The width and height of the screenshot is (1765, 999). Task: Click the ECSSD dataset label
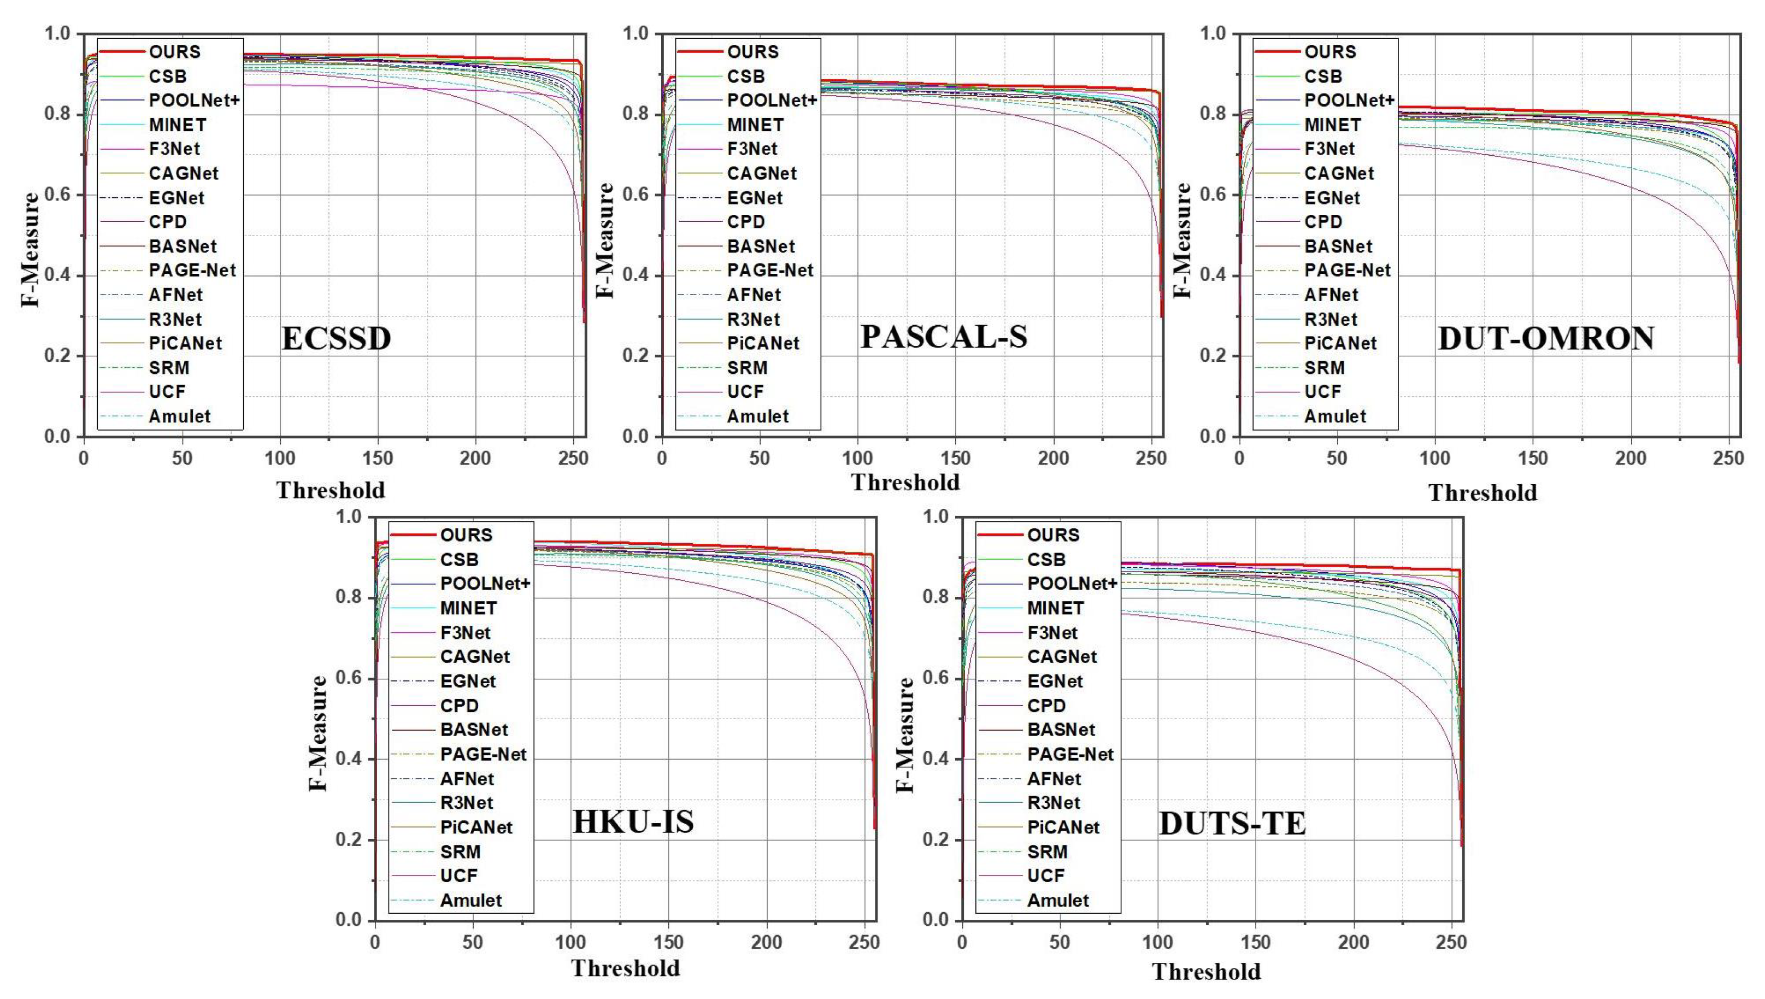tap(336, 339)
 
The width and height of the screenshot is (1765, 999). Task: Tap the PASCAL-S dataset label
tap(944, 337)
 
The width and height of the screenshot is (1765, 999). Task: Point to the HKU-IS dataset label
tap(632, 822)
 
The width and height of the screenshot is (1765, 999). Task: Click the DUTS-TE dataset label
tap(1232, 824)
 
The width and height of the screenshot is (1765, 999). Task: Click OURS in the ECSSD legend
tap(174, 52)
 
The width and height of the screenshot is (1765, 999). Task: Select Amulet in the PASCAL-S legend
tap(757, 416)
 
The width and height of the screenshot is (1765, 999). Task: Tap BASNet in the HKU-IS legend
tap(474, 730)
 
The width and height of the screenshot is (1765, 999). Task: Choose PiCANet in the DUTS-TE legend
tap(1063, 827)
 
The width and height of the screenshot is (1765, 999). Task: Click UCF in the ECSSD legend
tap(167, 392)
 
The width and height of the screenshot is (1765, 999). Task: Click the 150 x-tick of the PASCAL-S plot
tap(955, 459)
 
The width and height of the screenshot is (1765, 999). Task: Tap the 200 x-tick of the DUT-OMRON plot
tap(1630, 459)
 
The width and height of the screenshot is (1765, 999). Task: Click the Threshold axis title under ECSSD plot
tap(331, 491)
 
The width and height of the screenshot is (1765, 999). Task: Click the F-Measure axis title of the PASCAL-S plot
tap(604, 240)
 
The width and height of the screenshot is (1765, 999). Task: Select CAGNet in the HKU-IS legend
tap(475, 657)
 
